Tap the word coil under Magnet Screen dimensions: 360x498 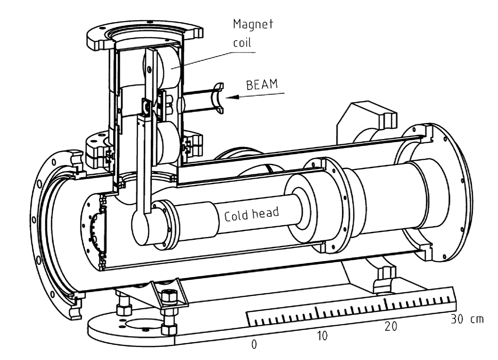(243, 42)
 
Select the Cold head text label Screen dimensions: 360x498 (251, 214)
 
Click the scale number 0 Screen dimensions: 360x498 (254, 344)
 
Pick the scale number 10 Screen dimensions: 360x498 (322, 336)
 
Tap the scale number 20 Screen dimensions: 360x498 (390, 327)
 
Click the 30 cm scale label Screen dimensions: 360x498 (467, 319)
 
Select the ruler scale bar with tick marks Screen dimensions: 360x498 (351, 311)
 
